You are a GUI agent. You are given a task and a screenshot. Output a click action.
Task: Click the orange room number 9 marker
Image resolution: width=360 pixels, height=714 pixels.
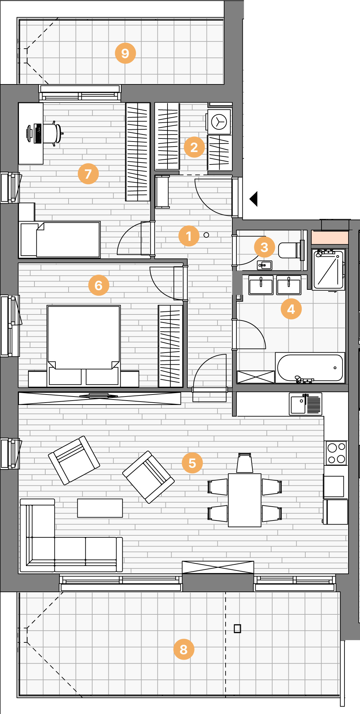tap(125, 53)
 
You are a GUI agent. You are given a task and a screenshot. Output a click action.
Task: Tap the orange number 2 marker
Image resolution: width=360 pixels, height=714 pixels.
tap(194, 147)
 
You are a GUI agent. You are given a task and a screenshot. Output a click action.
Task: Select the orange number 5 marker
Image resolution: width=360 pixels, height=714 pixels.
tap(192, 463)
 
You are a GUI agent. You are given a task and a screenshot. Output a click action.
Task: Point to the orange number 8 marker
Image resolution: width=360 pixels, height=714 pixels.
tap(184, 649)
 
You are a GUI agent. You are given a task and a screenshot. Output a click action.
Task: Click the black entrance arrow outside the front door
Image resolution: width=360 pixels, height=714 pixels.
tap(254, 199)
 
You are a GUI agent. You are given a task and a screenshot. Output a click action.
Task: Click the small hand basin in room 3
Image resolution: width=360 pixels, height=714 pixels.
tap(264, 265)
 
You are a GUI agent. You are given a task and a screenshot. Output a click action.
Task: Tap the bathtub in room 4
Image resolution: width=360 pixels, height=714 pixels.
tap(310, 368)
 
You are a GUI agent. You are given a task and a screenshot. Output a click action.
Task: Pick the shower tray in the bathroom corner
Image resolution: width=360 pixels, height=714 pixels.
tap(329, 270)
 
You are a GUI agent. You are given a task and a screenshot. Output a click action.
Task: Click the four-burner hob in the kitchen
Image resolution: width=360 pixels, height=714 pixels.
tap(336, 453)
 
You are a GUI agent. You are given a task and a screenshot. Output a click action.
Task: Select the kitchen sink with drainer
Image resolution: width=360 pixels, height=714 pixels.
tap(306, 404)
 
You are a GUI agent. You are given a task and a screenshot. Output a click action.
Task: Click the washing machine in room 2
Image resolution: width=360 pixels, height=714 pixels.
tap(219, 122)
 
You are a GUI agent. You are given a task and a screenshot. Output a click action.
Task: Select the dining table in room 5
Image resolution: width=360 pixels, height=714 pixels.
tap(245, 500)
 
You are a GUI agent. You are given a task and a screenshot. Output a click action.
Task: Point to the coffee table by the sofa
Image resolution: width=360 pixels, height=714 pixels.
tap(100, 508)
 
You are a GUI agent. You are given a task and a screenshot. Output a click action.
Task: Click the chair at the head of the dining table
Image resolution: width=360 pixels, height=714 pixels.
tap(245, 463)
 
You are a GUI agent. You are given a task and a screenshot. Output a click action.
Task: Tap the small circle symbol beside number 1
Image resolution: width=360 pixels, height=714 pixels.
tap(206, 235)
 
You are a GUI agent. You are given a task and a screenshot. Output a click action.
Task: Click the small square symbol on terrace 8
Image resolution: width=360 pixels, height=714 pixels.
tap(237, 629)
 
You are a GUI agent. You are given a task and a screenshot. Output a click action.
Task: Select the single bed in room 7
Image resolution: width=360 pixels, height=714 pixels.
tap(60, 239)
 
